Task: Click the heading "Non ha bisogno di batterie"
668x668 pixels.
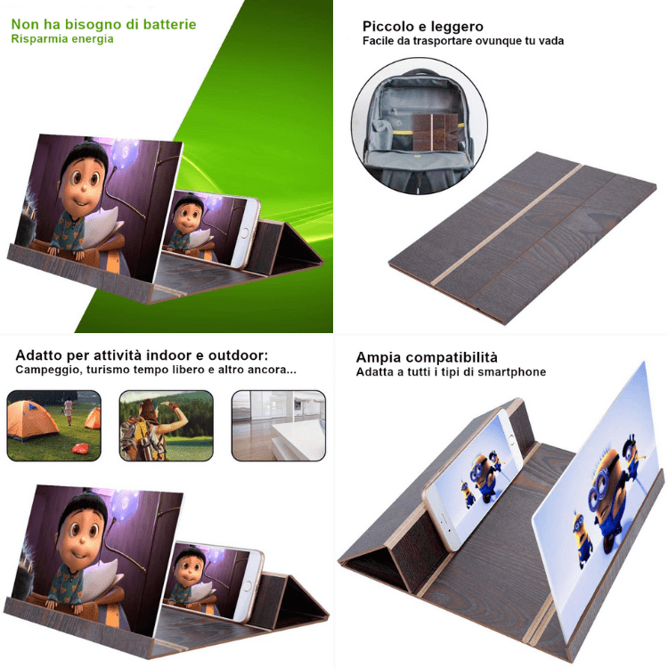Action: pyautogui.click(x=103, y=24)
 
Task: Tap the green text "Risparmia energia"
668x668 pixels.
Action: pyautogui.click(x=62, y=39)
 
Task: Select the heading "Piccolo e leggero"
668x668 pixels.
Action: pyautogui.click(x=422, y=27)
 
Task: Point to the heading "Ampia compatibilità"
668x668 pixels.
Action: pyautogui.click(x=427, y=357)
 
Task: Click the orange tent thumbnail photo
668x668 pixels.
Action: pyautogui.click(x=54, y=426)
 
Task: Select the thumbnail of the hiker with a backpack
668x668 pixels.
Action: pyautogui.click(x=167, y=426)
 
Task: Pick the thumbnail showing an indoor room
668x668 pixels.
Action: pyautogui.click(x=279, y=426)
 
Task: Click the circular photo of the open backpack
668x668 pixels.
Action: pyautogui.click(x=420, y=126)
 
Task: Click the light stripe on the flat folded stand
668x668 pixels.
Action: pyautogui.click(x=507, y=224)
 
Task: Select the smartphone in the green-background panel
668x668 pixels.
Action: pyautogui.click(x=211, y=230)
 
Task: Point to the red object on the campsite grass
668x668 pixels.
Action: pyautogui.click(x=80, y=448)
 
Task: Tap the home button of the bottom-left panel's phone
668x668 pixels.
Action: pyautogui.click(x=248, y=585)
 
